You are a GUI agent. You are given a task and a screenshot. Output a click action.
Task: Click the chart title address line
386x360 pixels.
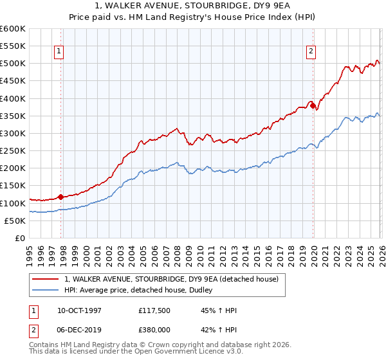tap(193, 6)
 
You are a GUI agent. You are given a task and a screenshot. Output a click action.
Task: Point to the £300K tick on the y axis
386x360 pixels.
tap(13, 134)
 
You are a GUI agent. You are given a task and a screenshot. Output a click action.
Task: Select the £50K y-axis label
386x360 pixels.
tap(15, 221)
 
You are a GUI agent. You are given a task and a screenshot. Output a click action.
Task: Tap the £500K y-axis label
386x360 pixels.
tap(13, 64)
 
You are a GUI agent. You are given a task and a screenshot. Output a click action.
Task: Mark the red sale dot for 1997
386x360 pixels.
tap(61, 197)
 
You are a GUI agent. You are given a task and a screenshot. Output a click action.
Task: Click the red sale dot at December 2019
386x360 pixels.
tap(313, 106)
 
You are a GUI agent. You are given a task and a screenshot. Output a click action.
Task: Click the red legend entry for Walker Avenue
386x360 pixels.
tap(170, 279)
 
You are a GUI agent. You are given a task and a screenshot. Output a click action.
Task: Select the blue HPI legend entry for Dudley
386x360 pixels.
tap(142, 291)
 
